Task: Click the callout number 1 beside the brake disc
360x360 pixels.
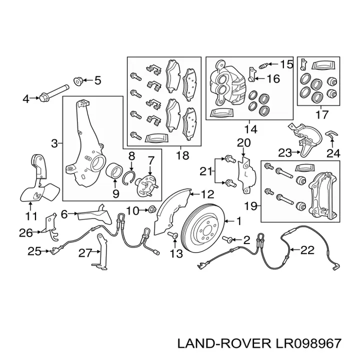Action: coord(239,220)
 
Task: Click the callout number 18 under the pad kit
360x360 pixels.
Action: coord(182,155)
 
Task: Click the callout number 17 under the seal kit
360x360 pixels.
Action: coord(322,114)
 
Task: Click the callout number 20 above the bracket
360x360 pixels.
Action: coord(243,143)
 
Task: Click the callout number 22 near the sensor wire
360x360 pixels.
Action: coord(308,249)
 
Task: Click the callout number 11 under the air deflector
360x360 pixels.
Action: coord(31,216)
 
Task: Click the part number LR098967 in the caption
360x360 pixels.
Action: coord(308,343)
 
